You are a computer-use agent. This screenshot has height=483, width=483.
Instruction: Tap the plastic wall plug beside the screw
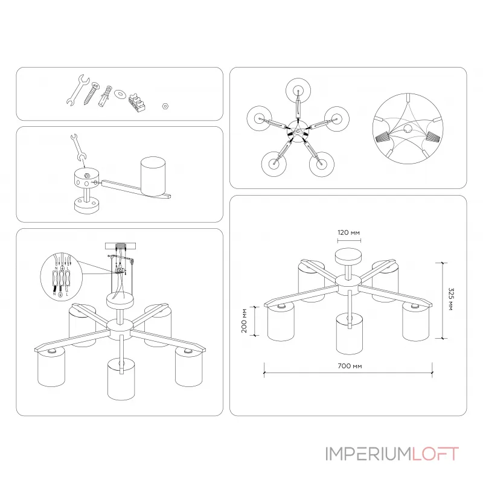pyautogui.click(x=106, y=95)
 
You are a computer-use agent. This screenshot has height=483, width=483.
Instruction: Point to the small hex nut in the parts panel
pyautogui.click(x=165, y=105)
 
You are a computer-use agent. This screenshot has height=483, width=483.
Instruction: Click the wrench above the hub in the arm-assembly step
pyautogui.click(x=76, y=146)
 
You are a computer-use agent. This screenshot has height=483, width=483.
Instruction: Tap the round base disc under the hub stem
pyautogui.click(x=87, y=205)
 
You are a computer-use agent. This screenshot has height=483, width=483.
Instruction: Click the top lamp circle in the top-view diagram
pyautogui.click(x=298, y=92)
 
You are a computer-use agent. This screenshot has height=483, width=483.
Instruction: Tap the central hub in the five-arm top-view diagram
pyautogui.click(x=297, y=129)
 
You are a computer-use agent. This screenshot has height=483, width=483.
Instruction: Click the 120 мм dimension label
pyautogui.click(x=349, y=232)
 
